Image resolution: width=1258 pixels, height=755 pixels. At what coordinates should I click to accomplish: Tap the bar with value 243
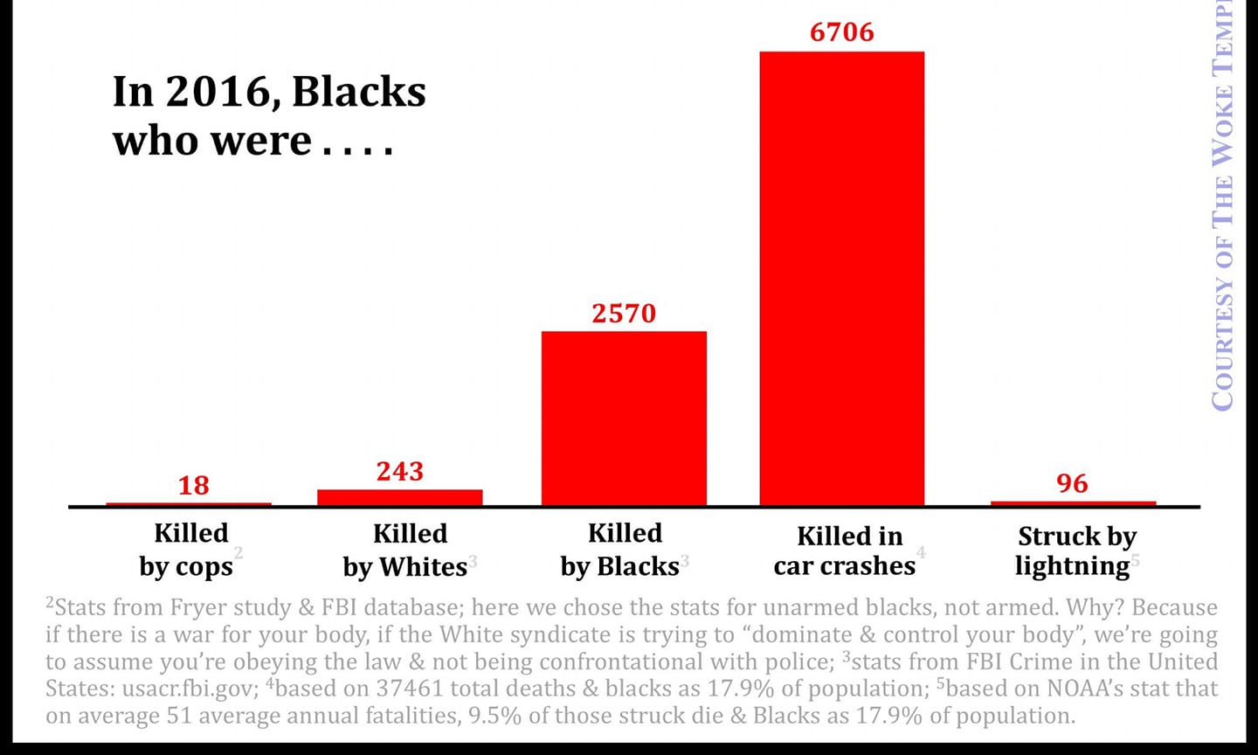tap(399, 497)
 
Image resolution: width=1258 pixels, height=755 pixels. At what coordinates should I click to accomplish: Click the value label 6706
tap(841, 32)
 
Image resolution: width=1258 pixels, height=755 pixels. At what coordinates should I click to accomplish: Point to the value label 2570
tap(624, 313)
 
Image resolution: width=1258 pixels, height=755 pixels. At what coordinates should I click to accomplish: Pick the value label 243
tap(399, 471)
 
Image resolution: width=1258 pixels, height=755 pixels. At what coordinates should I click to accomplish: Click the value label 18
tap(194, 485)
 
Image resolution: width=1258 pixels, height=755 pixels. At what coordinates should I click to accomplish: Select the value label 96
tap(1072, 483)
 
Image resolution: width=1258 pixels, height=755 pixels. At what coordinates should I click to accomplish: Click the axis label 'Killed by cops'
tap(190, 550)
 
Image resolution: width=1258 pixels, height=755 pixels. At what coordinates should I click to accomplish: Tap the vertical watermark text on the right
tap(1223, 210)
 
